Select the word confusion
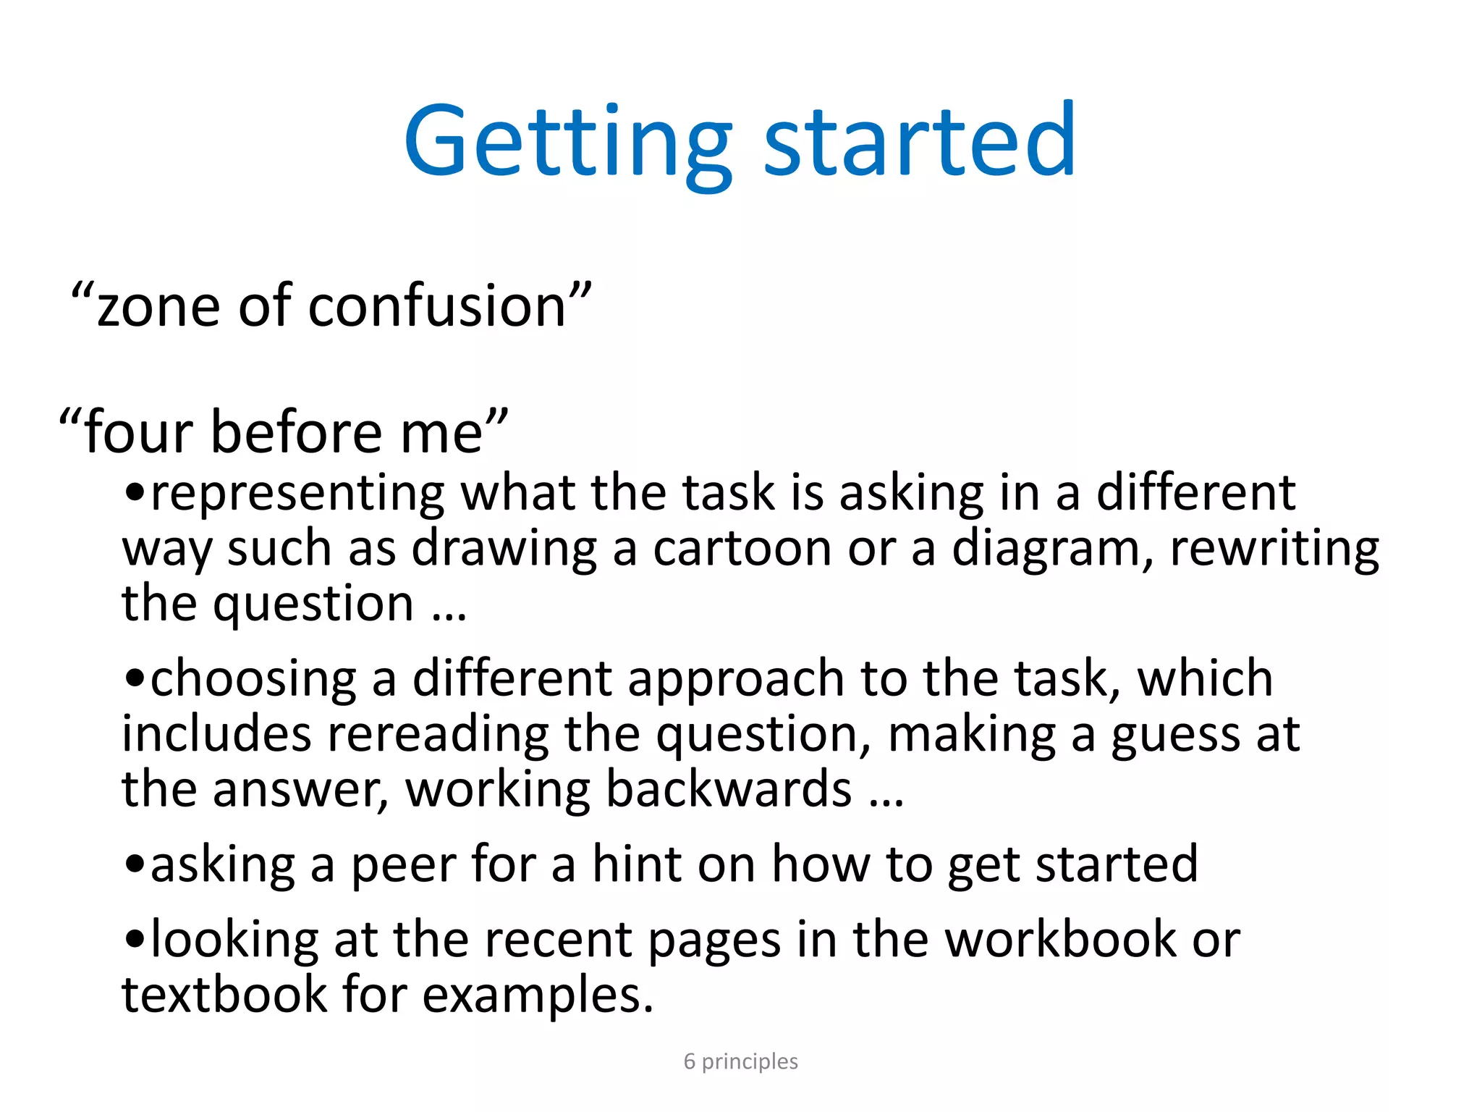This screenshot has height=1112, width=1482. coord(437,306)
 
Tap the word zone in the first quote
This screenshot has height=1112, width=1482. coord(158,306)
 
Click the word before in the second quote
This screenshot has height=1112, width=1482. coord(296,432)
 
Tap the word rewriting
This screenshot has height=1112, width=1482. coord(1274,549)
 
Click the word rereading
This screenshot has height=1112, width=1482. coord(438,736)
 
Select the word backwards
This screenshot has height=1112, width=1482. coord(729,789)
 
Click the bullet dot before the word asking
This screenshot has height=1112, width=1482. coord(135,864)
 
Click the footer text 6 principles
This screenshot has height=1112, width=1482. coord(740,1061)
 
